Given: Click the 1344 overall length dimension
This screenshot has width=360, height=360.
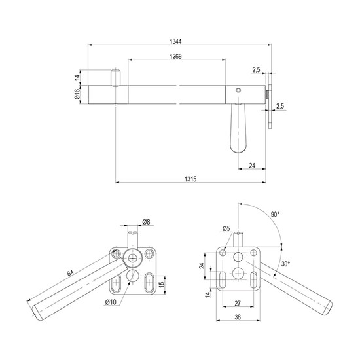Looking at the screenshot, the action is click(175, 41).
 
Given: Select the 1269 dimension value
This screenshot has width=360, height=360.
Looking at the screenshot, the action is click(175, 56).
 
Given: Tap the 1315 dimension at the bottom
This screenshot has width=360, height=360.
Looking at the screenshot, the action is click(190, 179).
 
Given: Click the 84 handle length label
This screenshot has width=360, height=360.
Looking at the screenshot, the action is click(70, 273).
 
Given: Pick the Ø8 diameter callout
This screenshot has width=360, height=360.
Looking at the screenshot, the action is click(146, 222).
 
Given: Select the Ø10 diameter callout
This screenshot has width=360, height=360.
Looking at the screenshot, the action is click(111, 302).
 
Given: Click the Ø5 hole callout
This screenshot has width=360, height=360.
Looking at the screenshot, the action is click(226, 228).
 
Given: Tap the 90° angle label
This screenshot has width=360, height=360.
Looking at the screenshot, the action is click(275, 215).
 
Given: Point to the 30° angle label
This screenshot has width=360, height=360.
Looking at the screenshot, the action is click(285, 264).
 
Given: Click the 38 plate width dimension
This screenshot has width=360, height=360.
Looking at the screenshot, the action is click(238, 317).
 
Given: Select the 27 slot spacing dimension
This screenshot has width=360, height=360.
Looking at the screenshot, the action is click(238, 303).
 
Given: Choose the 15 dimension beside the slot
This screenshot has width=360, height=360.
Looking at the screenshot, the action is click(162, 284).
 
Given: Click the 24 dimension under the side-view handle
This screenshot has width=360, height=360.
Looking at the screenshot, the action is click(252, 166).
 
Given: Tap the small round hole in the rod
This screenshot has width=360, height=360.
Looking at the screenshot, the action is click(238, 90).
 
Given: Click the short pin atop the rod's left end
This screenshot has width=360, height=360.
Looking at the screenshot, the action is click(115, 78).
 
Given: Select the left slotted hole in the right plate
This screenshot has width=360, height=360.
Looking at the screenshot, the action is click(223, 280).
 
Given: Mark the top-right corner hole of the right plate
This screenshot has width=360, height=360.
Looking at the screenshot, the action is click(253, 253).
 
